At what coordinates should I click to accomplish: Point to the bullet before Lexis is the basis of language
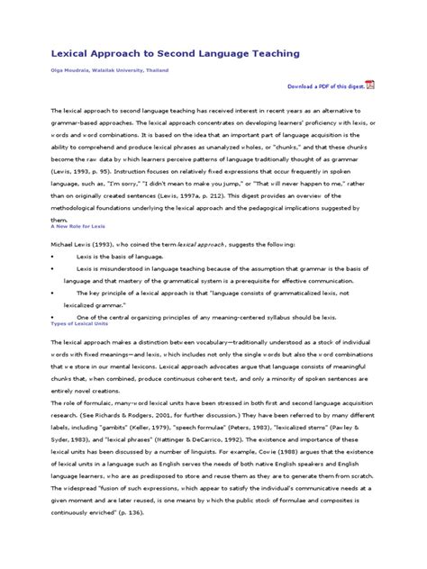tap(52, 257)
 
